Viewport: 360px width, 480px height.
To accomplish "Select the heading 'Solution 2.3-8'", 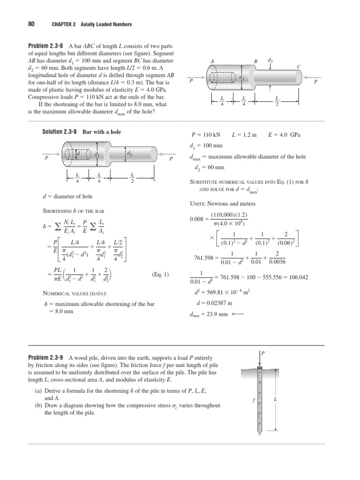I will [x=60, y=132].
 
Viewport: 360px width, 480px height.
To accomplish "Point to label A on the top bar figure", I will [x=212, y=61].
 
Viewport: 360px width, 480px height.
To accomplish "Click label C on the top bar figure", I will [x=299, y=67].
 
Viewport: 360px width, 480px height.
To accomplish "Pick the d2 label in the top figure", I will [x=270, y=60].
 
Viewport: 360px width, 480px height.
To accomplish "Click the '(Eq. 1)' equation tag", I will [x=160, y=275].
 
